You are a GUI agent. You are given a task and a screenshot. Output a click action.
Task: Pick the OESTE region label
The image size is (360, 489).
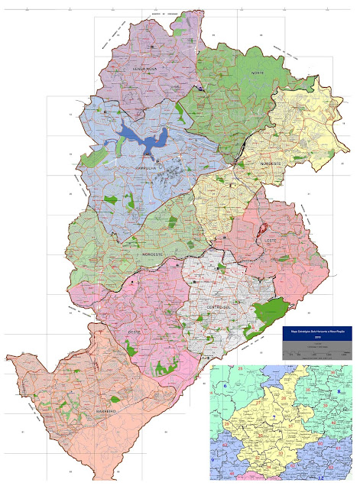pyautogui.click(x=134, y=332)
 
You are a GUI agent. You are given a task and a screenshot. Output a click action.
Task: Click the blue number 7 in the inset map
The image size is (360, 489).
pyautogui.click(x=273, y=417)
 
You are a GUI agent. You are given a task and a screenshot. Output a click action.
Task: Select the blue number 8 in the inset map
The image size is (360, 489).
pyautogui.click(x=339, y=392)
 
